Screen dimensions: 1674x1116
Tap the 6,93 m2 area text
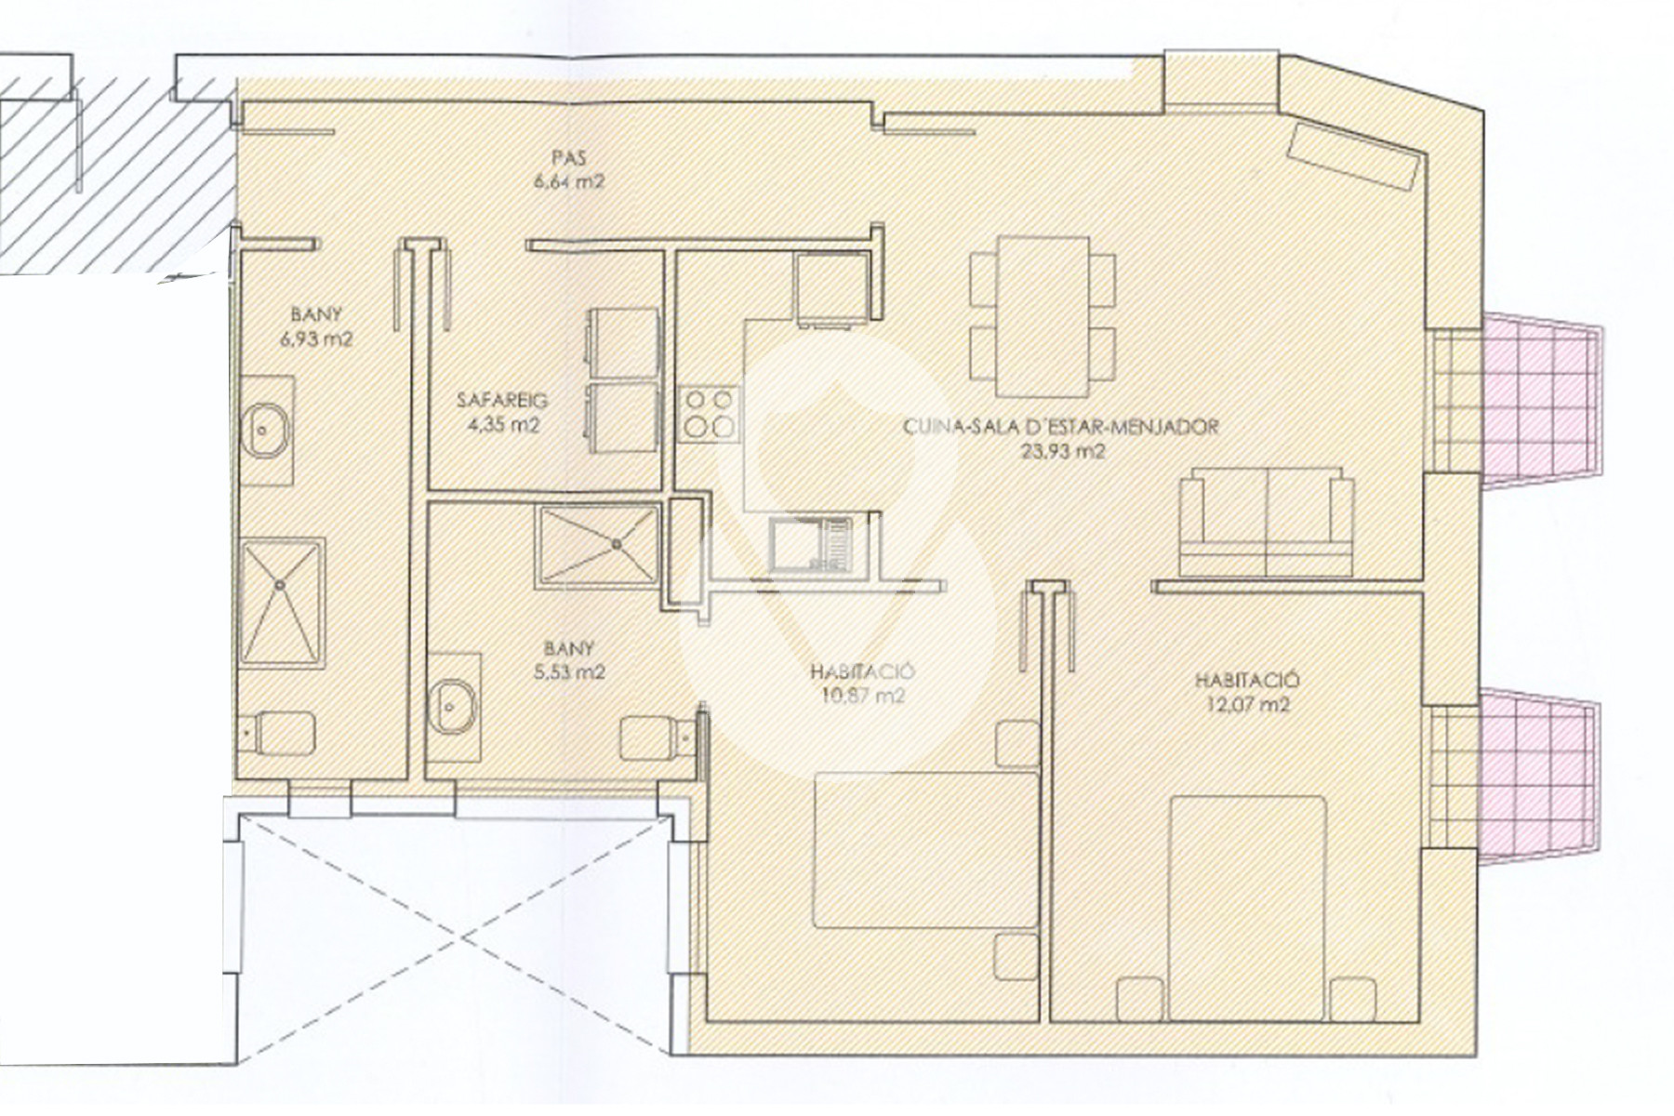coord(316,339)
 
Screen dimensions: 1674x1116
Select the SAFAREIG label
coord(502,401)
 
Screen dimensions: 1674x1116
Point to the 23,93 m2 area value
coord(1060,452)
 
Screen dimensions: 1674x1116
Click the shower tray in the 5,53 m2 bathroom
coord(598,546)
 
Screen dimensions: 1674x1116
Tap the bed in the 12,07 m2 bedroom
coord(1246,907)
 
